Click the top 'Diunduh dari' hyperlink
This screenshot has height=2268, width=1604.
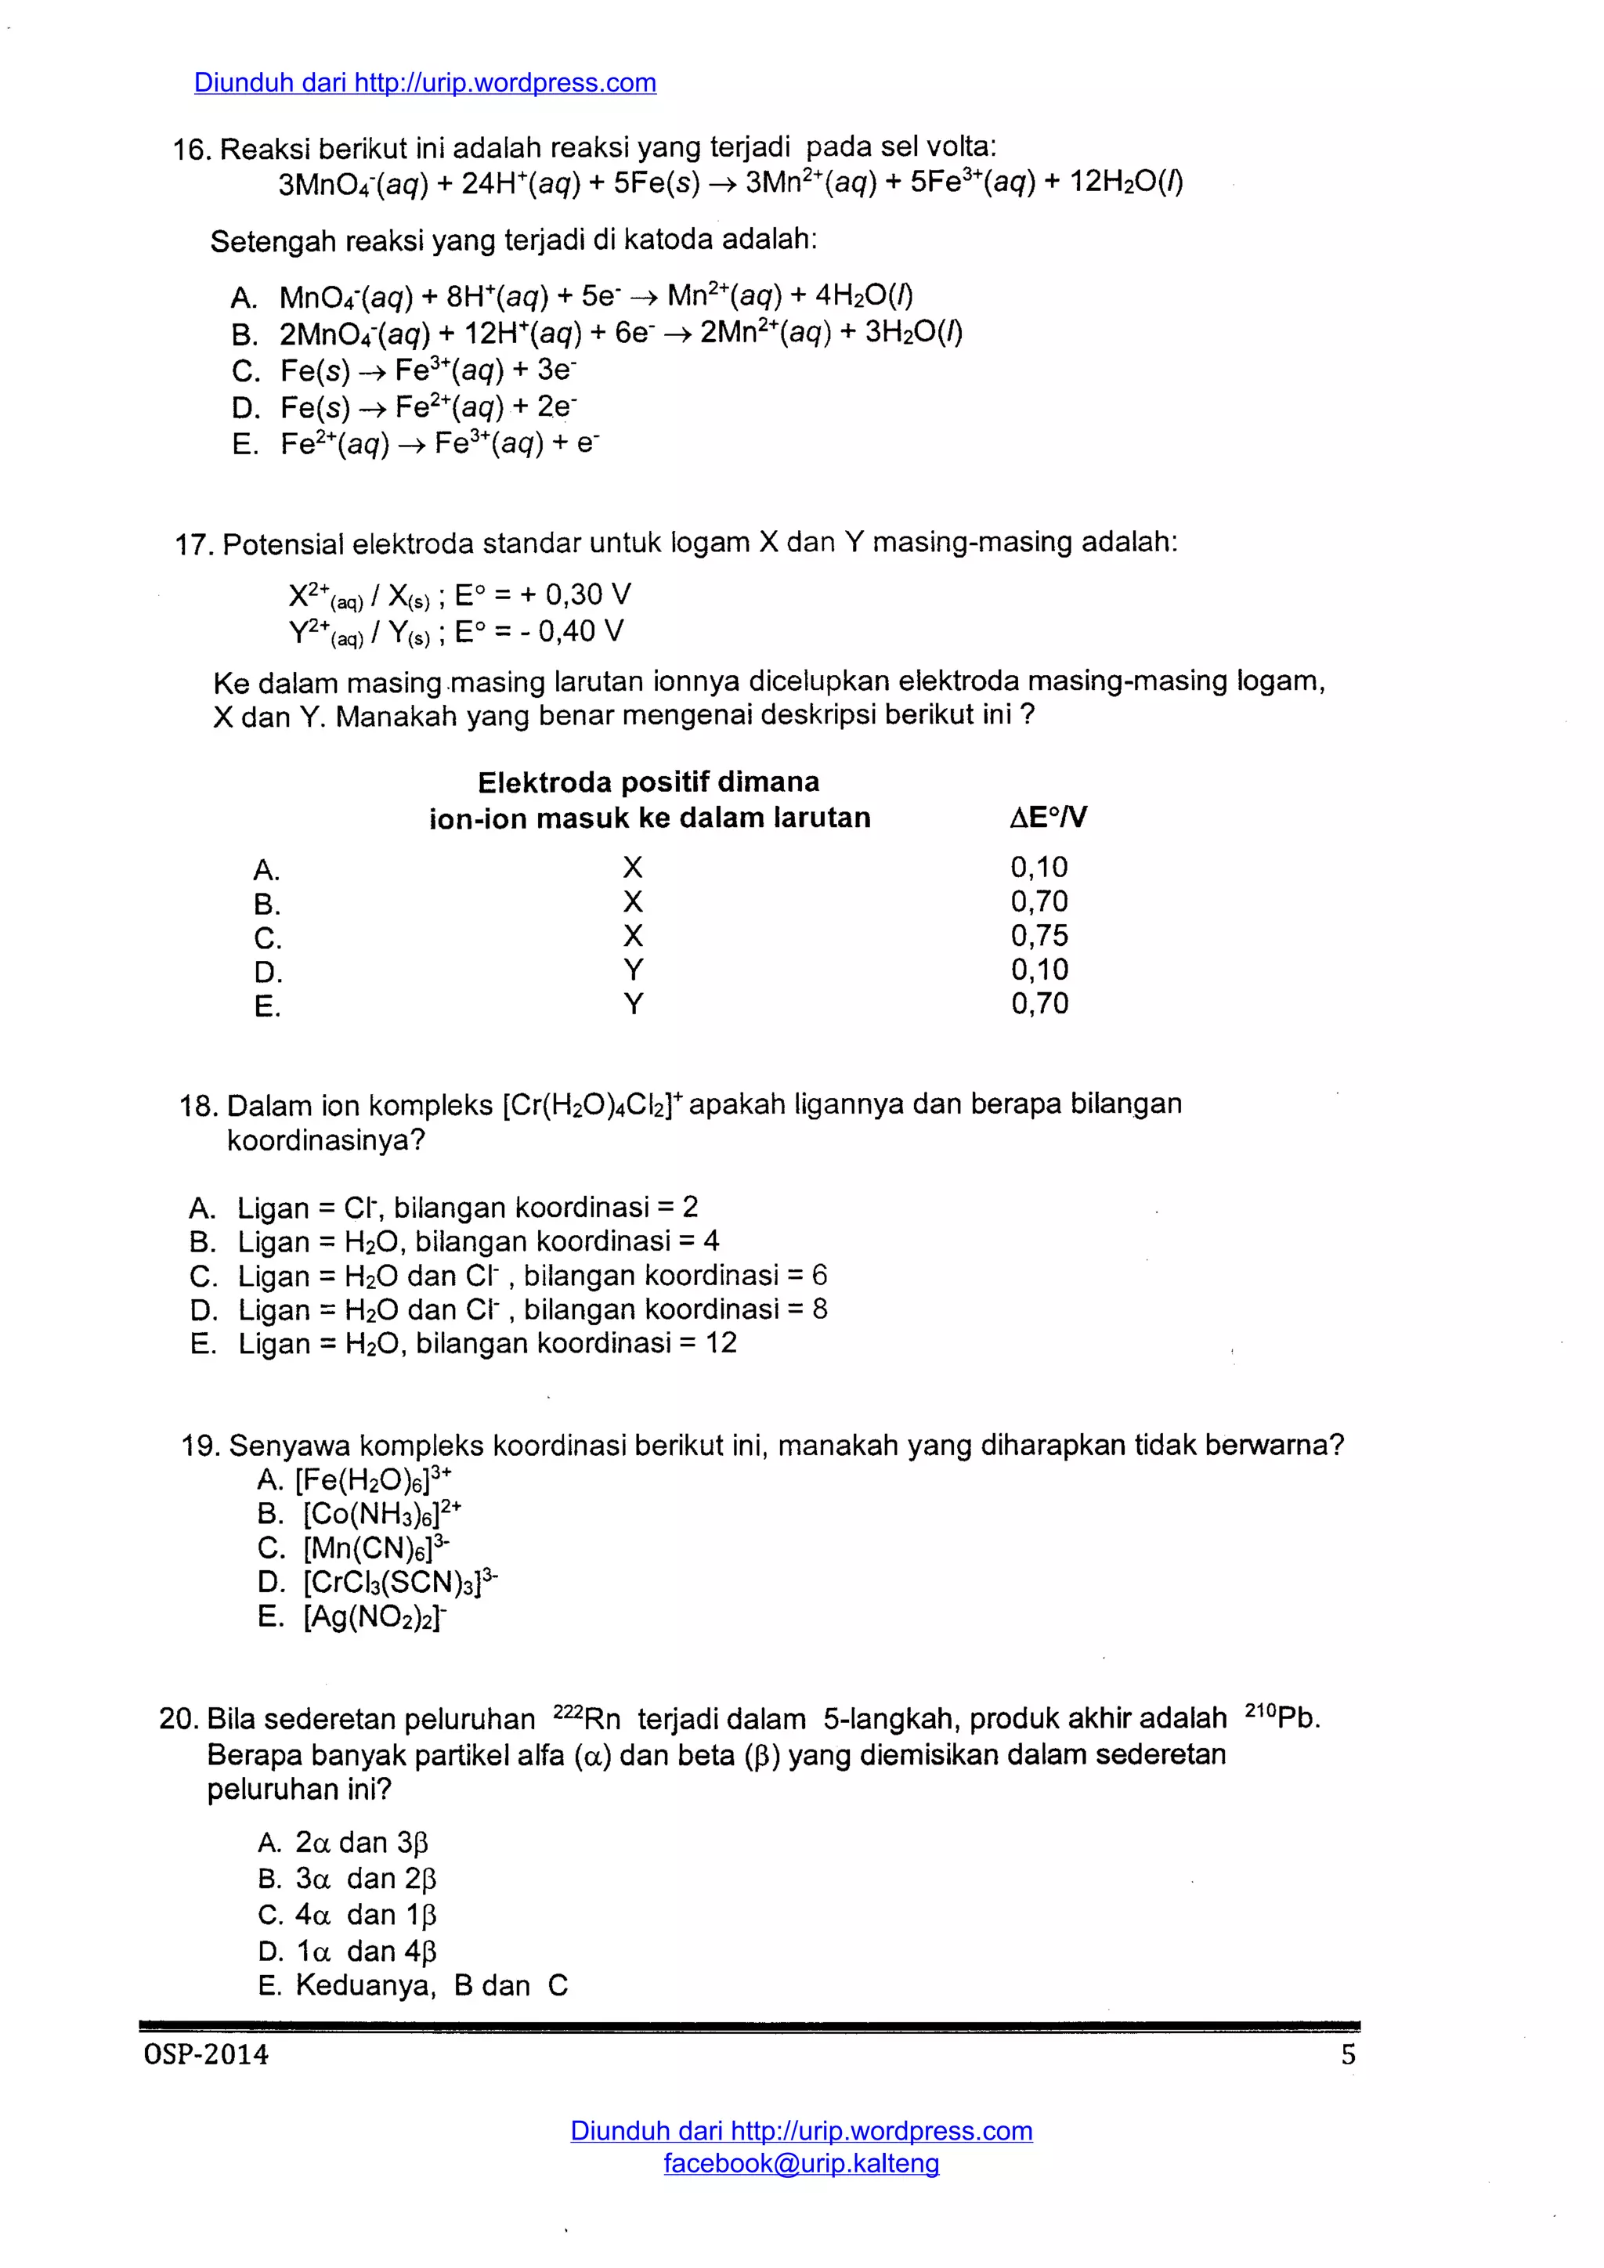pyautogui.click(x=424, y=83)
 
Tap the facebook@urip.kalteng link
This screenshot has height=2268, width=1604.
pyautogui.click(x=801, y=2162)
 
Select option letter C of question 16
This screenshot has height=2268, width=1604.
pyautogui.click(x=245, y=371)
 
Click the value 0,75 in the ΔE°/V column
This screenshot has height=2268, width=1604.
pyautogui.click(x=1039, y=935)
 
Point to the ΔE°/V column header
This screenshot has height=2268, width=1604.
pyautogui.click(x=1048, y=817)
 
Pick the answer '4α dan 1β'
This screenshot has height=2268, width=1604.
pyautogui.click(x=366, y=1914)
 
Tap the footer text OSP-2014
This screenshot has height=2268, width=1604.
pyautogui.click(x=205, y=2055)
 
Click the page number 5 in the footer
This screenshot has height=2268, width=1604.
pyautogui.click(x=1348, y=2055)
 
